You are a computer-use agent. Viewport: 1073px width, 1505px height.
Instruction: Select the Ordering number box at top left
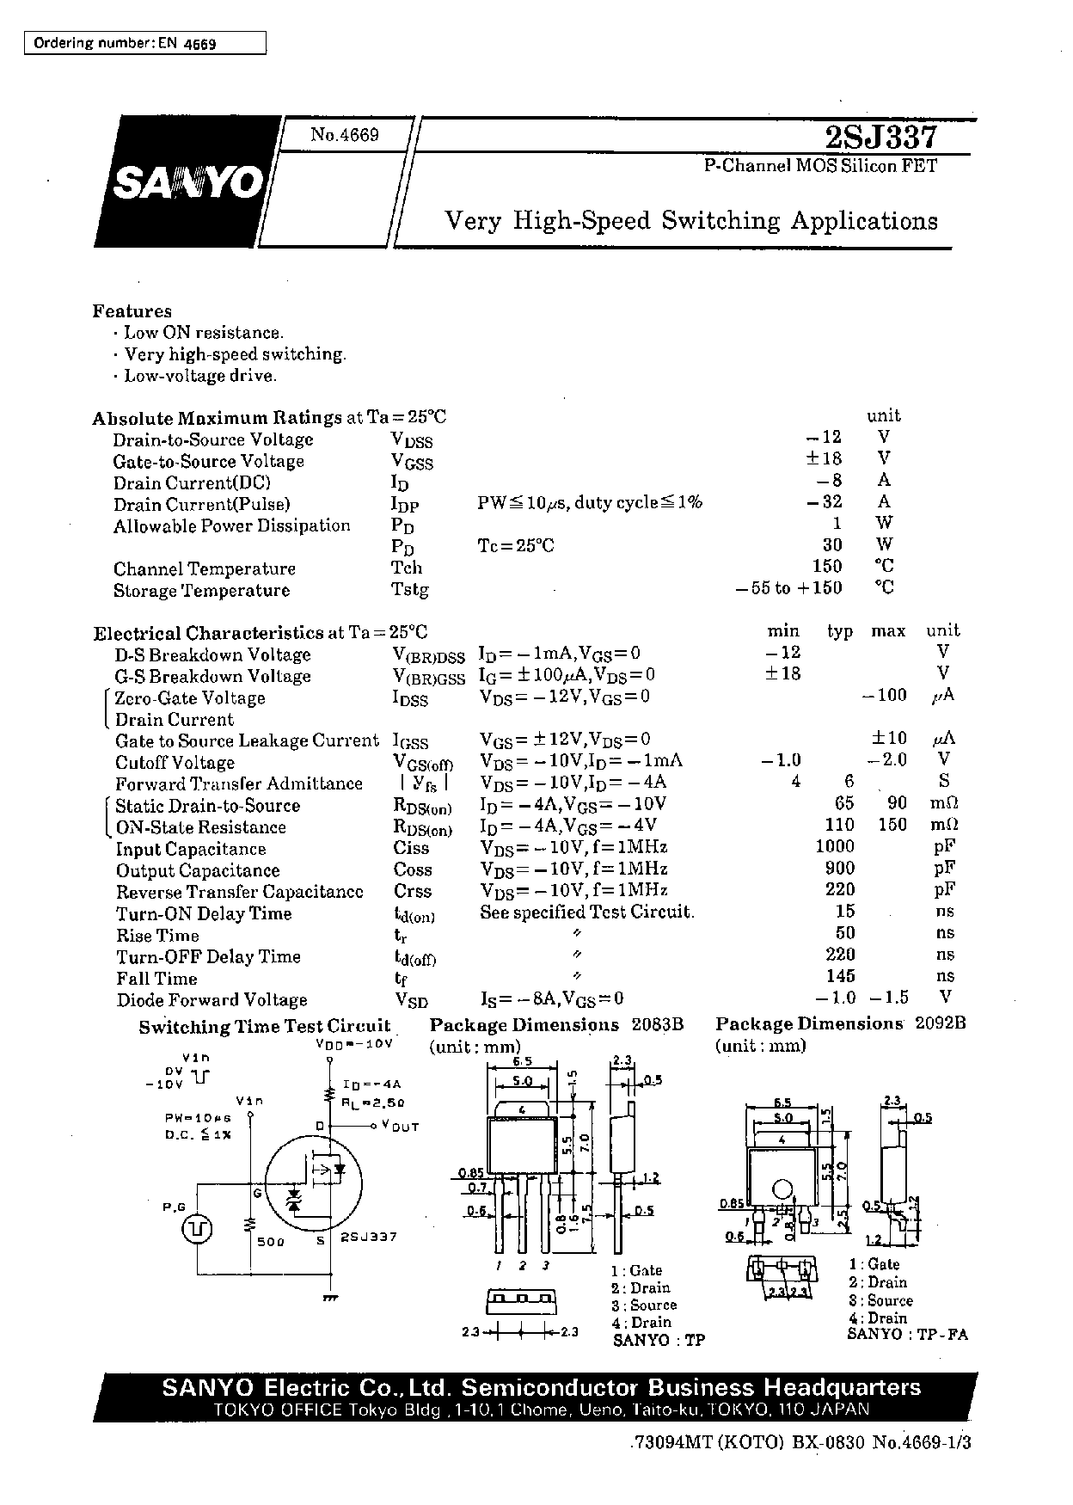point(144,43)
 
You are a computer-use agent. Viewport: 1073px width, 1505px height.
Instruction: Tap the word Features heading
point(132,311)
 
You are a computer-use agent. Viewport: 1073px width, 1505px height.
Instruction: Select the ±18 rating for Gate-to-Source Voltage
point(824,458)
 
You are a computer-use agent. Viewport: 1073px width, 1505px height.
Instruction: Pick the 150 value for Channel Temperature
point(827,566)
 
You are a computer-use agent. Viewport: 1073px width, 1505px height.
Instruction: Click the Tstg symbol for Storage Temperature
point(410,590)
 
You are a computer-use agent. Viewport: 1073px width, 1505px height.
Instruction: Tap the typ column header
point(840,632)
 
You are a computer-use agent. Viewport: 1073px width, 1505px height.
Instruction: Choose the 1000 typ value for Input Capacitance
point(835,847)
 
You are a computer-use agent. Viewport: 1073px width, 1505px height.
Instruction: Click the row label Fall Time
point(157,979)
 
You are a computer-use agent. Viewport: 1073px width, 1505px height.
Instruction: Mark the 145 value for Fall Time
point(840,976)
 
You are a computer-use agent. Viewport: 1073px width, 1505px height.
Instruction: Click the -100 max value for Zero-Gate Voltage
point(885,695)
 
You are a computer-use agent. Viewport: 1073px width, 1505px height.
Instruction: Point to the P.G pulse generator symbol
point(197,1229)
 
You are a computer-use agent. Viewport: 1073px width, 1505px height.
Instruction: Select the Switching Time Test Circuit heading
point(265,1027)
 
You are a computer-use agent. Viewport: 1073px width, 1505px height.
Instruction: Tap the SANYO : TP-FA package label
point(907,1334)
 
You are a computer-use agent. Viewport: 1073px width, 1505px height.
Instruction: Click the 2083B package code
point(658,1024)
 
